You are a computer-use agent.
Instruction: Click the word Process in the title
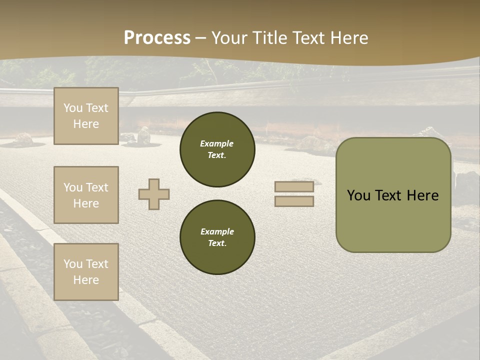(x=157, y=37)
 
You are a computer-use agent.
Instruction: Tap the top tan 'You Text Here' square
(x=86, y=116)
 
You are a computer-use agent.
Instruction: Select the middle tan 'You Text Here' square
(x=86, y=195)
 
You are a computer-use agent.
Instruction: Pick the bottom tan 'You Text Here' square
(x=86, y=272)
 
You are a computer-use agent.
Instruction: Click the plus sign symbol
(x=154, y=194)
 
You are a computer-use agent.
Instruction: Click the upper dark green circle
(x=217, y=149)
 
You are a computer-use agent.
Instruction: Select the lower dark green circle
(x=217, y=237)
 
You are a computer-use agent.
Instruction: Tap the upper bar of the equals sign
(x=294, y=187)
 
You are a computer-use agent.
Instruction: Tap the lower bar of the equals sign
(x=294, y=201)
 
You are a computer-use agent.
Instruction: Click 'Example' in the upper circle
(x=217, y=143)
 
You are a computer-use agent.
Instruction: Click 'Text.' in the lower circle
(x=217, y=243)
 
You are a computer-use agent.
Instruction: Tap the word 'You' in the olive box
(x=358, y=195)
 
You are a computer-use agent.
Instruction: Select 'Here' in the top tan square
(x=86, y=124)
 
